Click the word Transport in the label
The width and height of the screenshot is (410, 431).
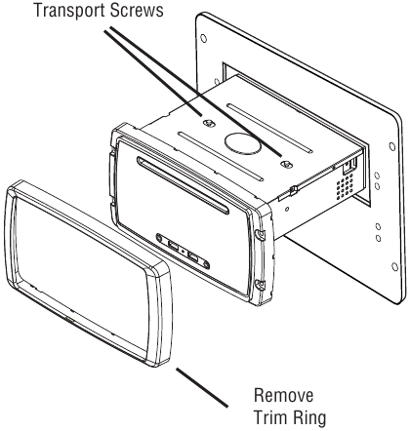pos(70,11)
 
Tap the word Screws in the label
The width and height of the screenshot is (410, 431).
pos(137,11)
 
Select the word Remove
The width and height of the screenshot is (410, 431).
pos(284,396)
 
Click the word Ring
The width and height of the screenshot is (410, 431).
pos(308,417)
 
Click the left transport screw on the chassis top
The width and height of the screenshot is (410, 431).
pos(209,123)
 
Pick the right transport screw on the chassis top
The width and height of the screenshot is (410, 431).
pos(286,164)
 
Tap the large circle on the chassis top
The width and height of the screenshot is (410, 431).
pos(243,142)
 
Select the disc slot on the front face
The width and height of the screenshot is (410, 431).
pos(183,185)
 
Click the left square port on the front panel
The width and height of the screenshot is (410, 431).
pos(173,247)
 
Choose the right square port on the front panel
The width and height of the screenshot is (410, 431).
pos(192,258)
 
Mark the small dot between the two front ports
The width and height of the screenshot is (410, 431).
pos(183,253)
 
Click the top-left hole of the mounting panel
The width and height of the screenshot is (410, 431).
pos(203,38)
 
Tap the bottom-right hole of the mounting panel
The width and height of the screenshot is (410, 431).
pos(394,267)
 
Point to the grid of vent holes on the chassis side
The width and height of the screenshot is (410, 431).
pos(345,185)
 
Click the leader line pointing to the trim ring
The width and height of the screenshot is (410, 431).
pos(202,387)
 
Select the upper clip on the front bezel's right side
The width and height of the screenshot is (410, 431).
pos(260,235)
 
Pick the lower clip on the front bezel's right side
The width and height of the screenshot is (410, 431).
pos(260,284)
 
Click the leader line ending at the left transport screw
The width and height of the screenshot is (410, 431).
pos(153,73)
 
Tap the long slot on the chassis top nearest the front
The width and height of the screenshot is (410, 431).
pos(221,156)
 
